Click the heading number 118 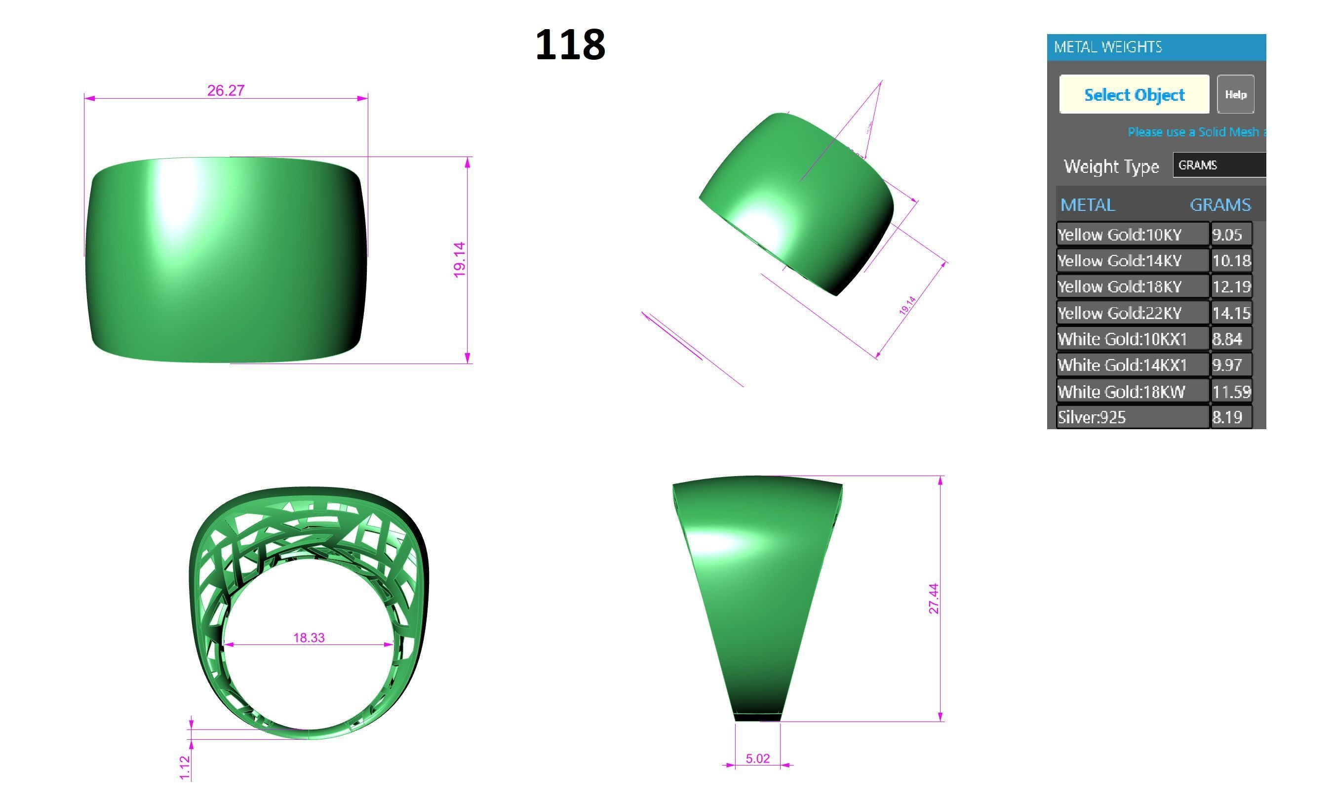(570, 44)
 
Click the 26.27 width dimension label (226, 90)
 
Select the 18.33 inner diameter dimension (309, 638)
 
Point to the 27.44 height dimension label (933, 599)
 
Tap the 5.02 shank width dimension (757, 758)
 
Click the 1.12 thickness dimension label (185, 768)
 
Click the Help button (1235, 94)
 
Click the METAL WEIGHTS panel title (1107, 47)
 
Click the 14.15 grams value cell (1231, 313)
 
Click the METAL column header (1088, 205)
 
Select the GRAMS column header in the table (1220, 205)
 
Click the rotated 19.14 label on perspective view (907, 306)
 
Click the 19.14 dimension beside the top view (459, 260)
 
